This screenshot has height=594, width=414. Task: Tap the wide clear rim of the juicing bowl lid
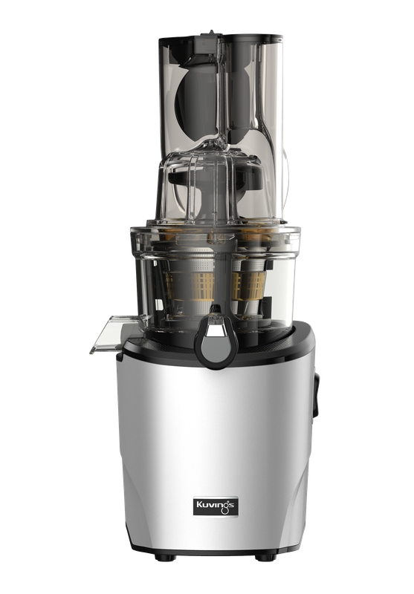click(216, 236)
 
